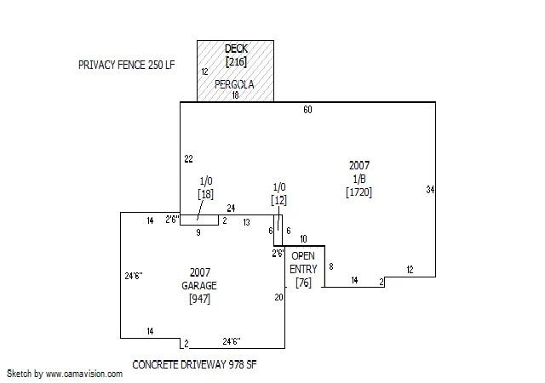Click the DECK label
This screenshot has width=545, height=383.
point(236,49)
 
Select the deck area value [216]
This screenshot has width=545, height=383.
point(236,62)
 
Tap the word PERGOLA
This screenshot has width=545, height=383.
point(234,84)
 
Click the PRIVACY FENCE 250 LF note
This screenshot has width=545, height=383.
point(127,65)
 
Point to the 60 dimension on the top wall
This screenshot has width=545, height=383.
point(307,110)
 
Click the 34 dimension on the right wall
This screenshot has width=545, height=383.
point(430,190)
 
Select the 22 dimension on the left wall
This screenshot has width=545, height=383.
point(188,159)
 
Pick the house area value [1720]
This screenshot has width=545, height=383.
point(359,192)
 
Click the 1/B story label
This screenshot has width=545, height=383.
point(359,179)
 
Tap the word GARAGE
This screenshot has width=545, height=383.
point(199,286)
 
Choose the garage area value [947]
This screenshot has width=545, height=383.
point(200,299)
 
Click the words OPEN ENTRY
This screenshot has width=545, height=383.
point(303,263)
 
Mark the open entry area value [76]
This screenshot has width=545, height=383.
point(303,283)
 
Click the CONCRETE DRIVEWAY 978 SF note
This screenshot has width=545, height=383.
point(195,364)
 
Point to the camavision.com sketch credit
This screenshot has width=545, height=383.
point(65,374)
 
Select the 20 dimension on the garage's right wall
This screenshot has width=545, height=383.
point(278,298)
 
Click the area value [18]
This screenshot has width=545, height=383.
point(205,194)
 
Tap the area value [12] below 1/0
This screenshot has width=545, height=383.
point(278,200)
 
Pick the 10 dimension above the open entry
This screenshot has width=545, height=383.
point(303,239)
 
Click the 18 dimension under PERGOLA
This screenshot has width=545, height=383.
point(235,94)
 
